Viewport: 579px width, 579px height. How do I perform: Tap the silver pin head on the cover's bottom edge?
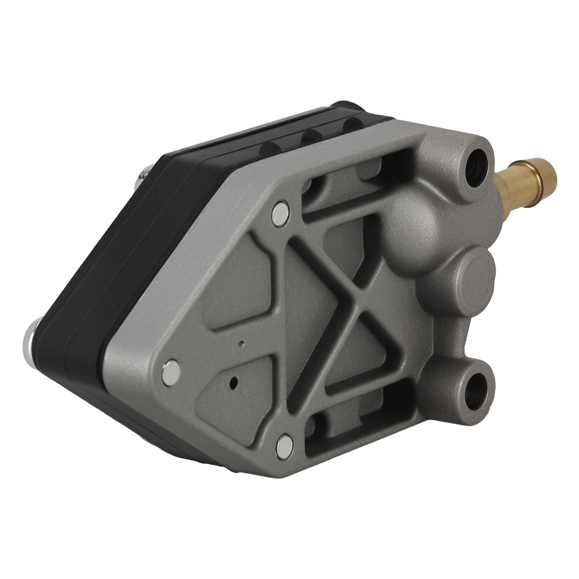[x=284, y=444]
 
